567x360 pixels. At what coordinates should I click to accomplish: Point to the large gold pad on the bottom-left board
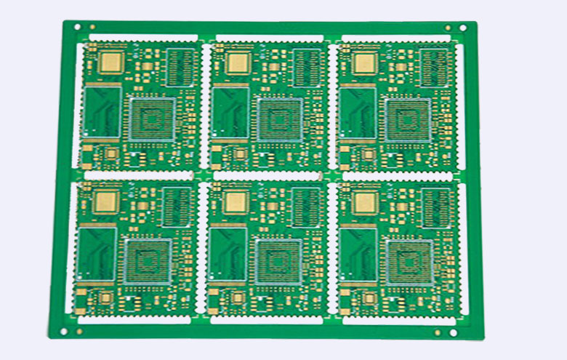point(106,201)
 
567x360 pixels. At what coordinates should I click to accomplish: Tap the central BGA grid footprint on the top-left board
point(152,118)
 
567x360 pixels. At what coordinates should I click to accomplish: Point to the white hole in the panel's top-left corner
point(77,27)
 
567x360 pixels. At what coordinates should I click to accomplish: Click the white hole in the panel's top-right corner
point(462,28)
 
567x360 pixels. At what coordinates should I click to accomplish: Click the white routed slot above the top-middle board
point(270,38)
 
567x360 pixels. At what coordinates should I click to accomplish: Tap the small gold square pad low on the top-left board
point(111,153)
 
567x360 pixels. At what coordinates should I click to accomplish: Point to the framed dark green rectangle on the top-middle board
point(229,112)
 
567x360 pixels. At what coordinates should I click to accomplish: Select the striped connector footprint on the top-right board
point(438,67)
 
